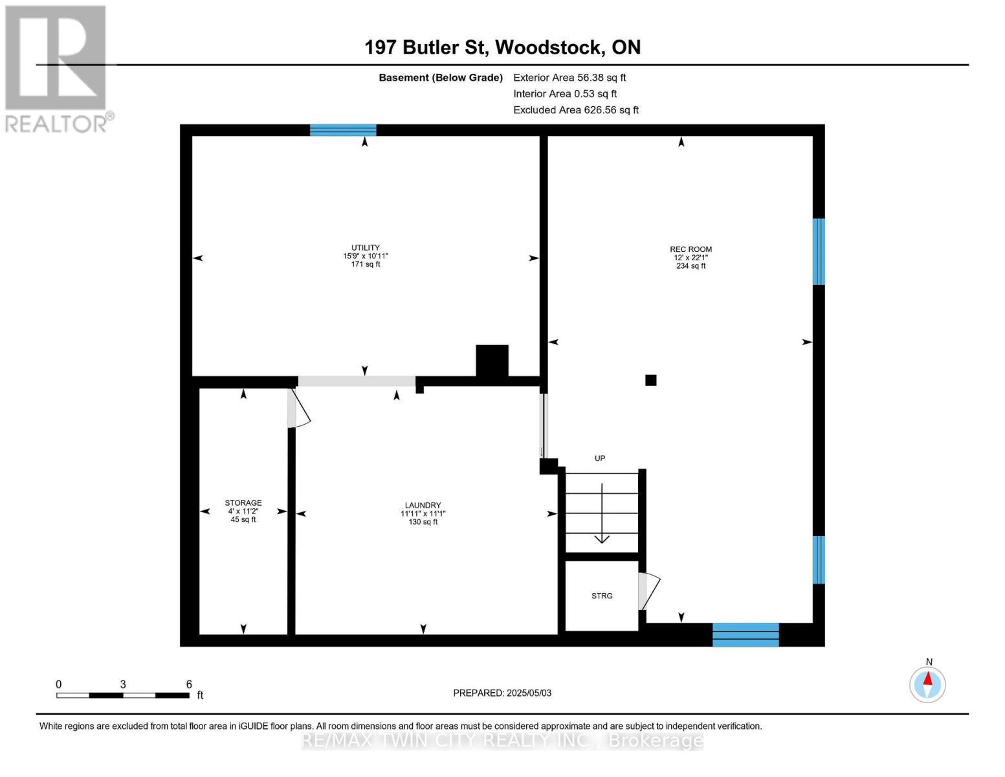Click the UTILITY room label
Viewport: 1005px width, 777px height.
pyautogui.click(x=365, y=247)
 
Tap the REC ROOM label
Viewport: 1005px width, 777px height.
pyautogui.click(x=690, y=249)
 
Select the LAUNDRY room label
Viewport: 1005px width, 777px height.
pyautogui.click(x=423, y=505)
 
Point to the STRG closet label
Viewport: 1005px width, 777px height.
pyautogui.click(x=602, y=596)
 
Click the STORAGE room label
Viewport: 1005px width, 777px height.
pyautogui.click(x=243, y=502)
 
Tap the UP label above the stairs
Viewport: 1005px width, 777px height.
pyautogui.click(x=599, y=458)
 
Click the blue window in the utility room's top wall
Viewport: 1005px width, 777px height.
pyautogui.click(x=343, y=130)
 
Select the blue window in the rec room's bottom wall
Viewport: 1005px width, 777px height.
pyautogui.click(x=745, y=635)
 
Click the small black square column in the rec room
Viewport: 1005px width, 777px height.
pyautogui.click(x=651, y=380)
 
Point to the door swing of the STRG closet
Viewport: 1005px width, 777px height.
pyautogui.click(x=649, y=591)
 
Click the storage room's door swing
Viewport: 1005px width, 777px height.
pyautogui.click(x=298, y=408)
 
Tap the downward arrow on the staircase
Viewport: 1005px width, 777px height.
pyautogui.click(x=602, y=513)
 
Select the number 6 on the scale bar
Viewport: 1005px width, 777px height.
pyautogui.click(x=189, y=684)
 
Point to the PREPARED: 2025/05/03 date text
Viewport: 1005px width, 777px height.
pyautogui.click(x=502, y=693)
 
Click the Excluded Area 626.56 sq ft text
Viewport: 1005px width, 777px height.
pyautogui.click(x=576, y=110)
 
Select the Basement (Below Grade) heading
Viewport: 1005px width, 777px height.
pyautogui.click(x=440, y=78)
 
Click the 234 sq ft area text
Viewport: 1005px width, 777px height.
pyautogui.click(x=690, y=265)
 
